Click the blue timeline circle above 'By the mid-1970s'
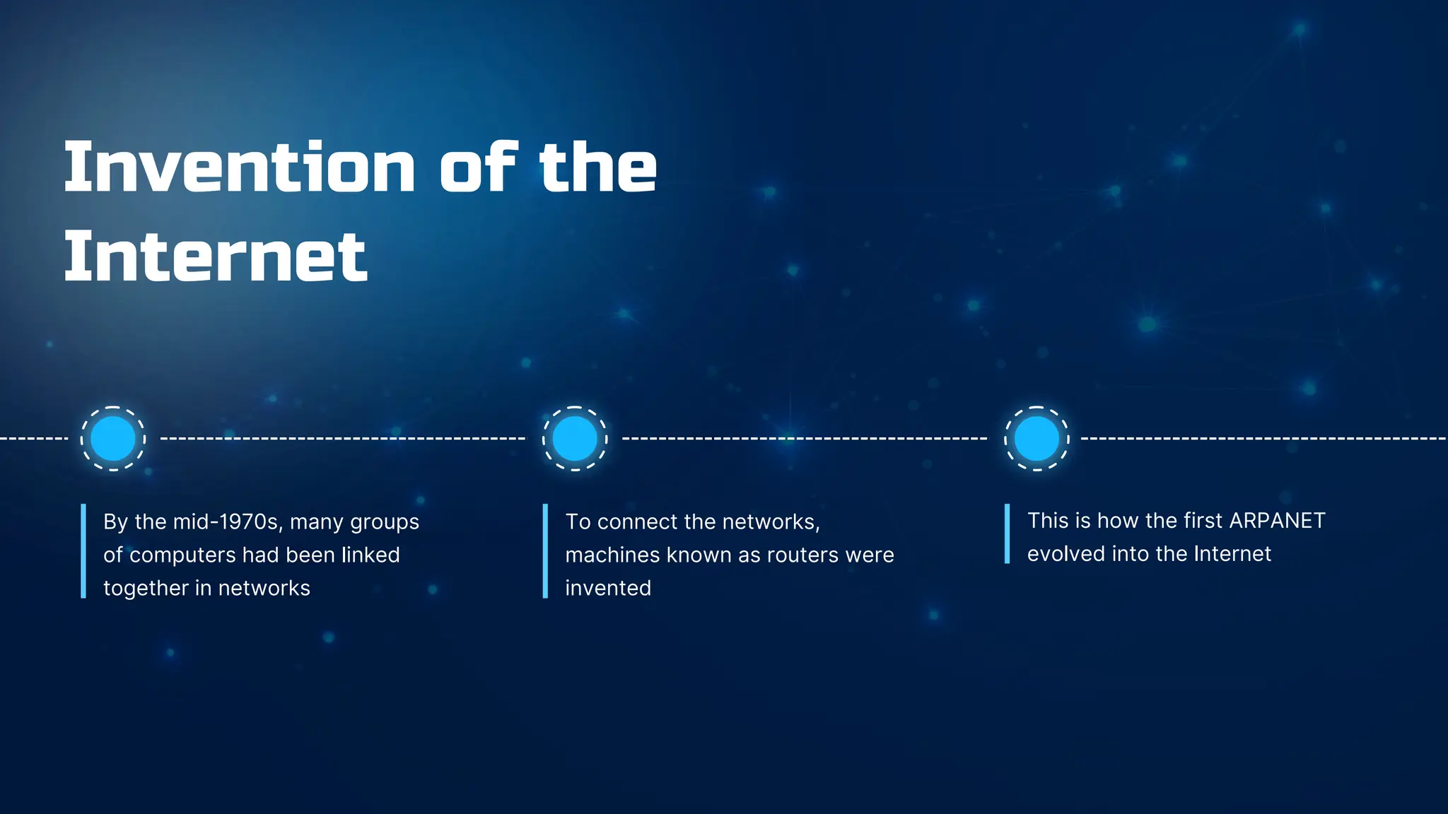click(113, 438)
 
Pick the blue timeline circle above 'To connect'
click(575, 438)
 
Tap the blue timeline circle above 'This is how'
click(1037, 438)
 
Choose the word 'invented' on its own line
click(608, 589)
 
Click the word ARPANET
click(1277, 521)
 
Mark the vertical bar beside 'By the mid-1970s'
click(83, 551)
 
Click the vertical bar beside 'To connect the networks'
click(545, 551)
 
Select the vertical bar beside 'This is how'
click(1007, 533)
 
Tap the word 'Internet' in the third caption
click(1232, 554)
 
